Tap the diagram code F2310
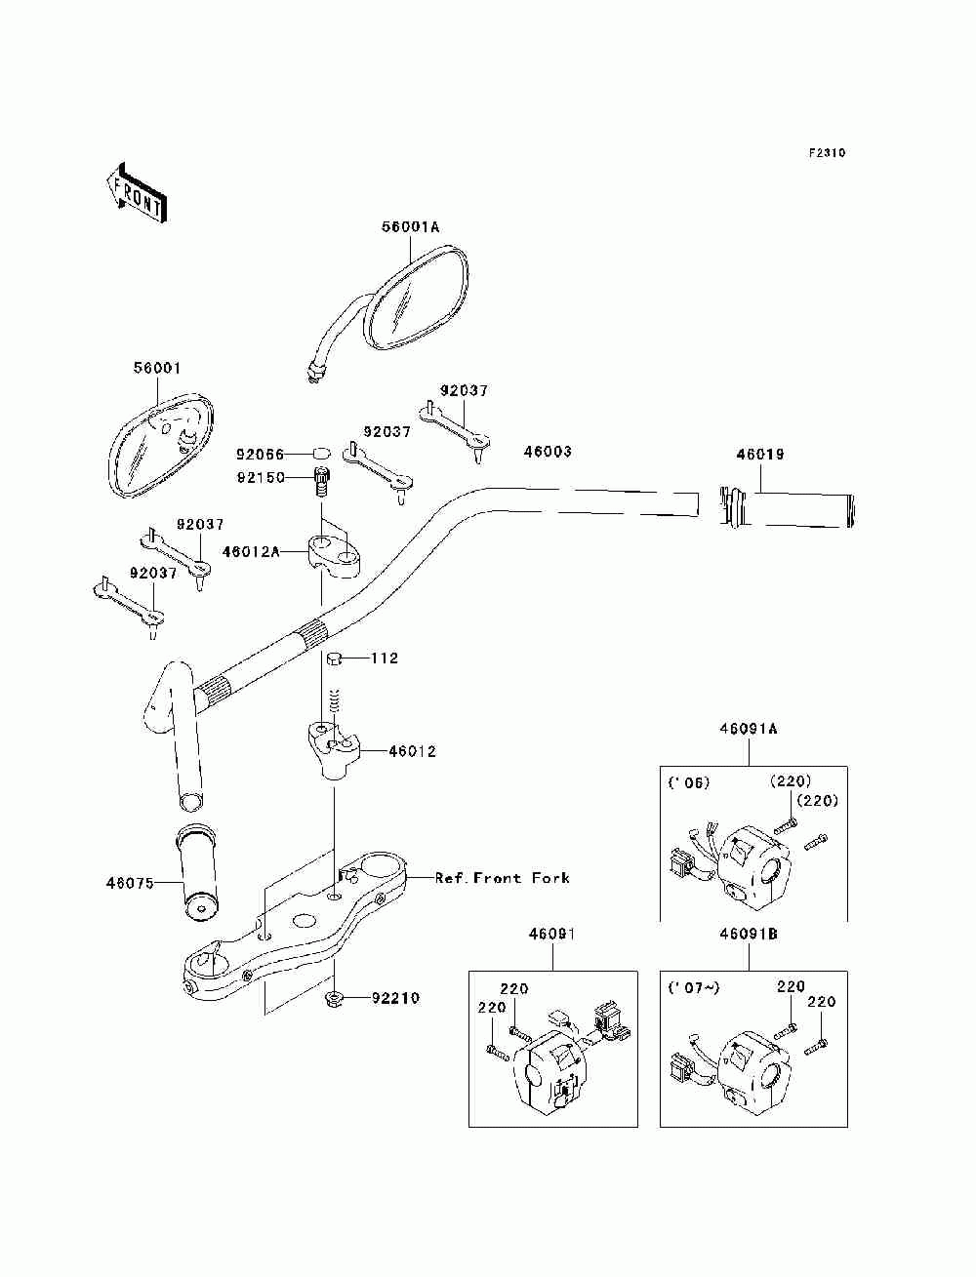click(827, 153)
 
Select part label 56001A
click(410, 227)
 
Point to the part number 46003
click(548, 452)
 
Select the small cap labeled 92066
click(322, 452)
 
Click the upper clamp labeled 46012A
click(334, 552)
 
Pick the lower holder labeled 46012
click(334, 749)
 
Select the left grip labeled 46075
click(197, 872)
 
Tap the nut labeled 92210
click(334, 998)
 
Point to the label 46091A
click(749, 729)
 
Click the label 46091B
click(749, 934)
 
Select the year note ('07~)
click(694, 988)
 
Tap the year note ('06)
click(688, 783)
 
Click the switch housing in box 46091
click(549, 1071)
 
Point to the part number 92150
click(261, 478)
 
